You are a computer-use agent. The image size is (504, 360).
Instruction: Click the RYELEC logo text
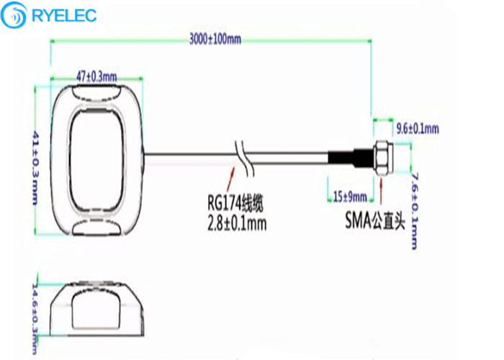pos(64,15)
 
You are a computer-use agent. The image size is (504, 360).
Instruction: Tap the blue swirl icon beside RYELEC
pos(14,15)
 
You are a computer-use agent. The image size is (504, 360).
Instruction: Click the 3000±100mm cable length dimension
pos(215,39)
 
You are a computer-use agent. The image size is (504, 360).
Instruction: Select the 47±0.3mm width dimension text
pos(96,77)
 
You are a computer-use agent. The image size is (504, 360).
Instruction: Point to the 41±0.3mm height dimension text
pos(35,168)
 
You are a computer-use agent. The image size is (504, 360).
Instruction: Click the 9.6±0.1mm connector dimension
pos(418,129)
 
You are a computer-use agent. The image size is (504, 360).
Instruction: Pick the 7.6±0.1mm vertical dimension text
pos(415,211)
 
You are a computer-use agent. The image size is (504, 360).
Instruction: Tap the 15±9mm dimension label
pos(350,196)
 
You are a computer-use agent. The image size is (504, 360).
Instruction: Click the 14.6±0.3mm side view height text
pos(35,318)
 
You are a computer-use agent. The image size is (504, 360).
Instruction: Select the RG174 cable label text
pos(235,203)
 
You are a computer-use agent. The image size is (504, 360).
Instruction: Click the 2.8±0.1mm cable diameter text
pos(237,223)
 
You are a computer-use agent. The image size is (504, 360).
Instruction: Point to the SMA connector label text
pos(375,220)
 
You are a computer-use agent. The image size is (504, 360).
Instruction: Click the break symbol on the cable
pos(245,158)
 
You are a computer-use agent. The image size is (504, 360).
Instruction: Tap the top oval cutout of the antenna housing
pos(96,92)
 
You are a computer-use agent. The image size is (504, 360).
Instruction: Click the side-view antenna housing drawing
pos(97,309)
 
